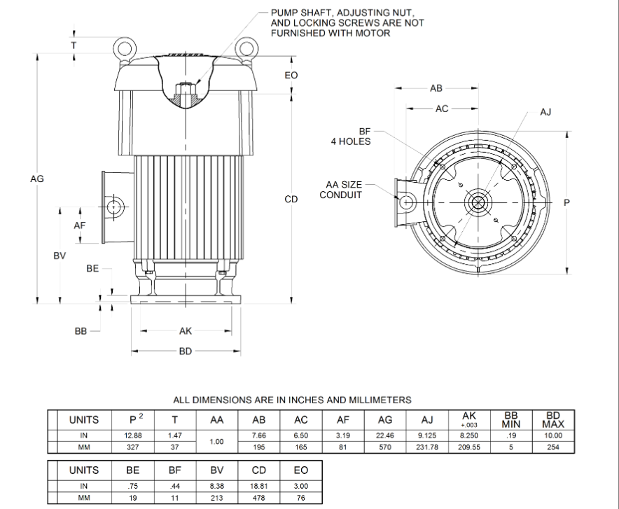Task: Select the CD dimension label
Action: pyautogui.click(x=291, y=200)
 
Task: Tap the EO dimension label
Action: pyautogui.click(x=291, y=75)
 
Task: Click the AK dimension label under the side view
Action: pyautogui.click(x=185, y=331)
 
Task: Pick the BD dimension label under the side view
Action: pyautogui.click(x=185, y=351)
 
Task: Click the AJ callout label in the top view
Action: pyautogui.click(x=546, y=112)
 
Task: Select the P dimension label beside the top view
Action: pyautogui.click(x=566, y=202)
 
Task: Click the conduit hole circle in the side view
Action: pyautogui.click(x=114, y=206)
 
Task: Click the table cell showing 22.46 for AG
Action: pyautogui.click(x=384, y=435)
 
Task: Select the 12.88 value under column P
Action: pyautogui.click(x=133, y=435)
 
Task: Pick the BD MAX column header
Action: pyautogui.click(x=553, y=420)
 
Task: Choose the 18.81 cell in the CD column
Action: pyautogui.click(x=258, y=486)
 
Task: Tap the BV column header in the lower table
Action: pyautogui.click(x=216, y=470)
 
